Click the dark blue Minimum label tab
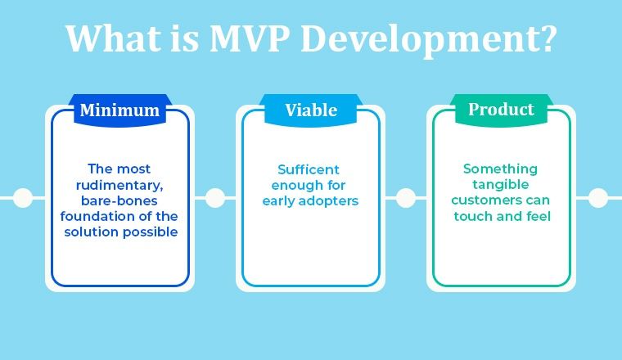[119, 110]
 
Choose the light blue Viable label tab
[311, 110]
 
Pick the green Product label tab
[501, 110]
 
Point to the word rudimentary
[120, 185]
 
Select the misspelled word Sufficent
[309, 169]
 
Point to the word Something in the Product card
[500, 169]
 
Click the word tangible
[500, 185]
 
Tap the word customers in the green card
[488, 200]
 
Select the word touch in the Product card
[472, 216]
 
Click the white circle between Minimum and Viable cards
[215, 197]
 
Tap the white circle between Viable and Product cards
[406, 197]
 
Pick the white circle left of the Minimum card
[24, 197]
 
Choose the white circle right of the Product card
[598, 197]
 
